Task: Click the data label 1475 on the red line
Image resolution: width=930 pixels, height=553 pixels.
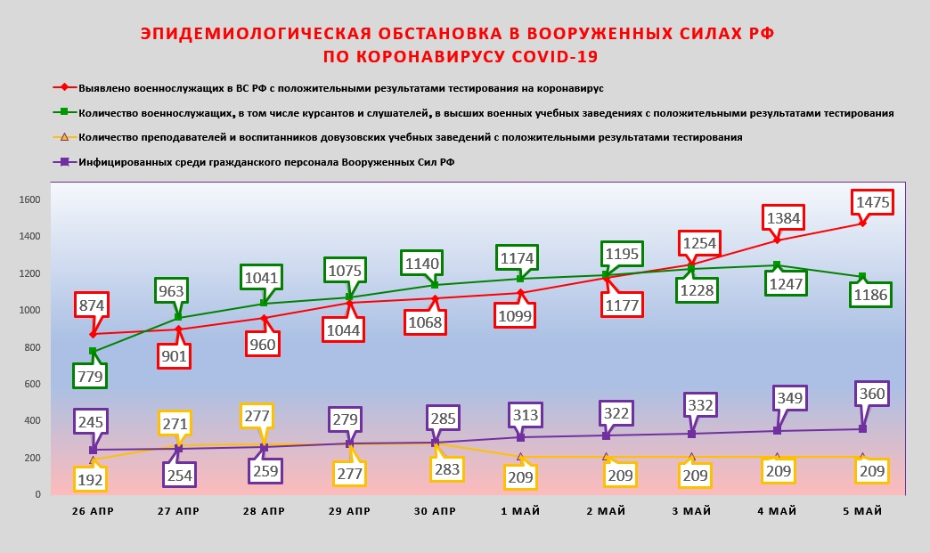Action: coord(872,202)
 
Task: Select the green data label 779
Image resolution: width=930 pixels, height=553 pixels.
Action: coord(91,376)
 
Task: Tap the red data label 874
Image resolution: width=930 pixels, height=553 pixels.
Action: coord(91,305)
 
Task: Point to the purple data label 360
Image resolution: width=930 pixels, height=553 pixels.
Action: coord(872,393)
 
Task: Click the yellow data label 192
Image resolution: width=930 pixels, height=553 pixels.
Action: coord(91,479)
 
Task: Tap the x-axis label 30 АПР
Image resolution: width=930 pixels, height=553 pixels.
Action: coord(435,511)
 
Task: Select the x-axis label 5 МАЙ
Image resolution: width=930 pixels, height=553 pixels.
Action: coord(862,511)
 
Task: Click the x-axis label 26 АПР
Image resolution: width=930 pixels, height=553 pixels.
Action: coord(93,511)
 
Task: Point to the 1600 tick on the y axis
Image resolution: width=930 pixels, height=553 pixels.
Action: coord(30,199)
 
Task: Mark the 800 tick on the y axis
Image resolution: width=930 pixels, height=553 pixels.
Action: coord(31,347)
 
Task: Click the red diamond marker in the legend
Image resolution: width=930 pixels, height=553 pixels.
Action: coord(64,89)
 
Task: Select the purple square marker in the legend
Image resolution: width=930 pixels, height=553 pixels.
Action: coord(64,162)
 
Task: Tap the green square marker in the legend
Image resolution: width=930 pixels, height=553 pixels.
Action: coord(64,113)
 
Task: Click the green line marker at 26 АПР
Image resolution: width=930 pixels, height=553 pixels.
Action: coord(94,352)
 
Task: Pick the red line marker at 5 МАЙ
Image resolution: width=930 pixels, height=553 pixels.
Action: coord(862,223)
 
